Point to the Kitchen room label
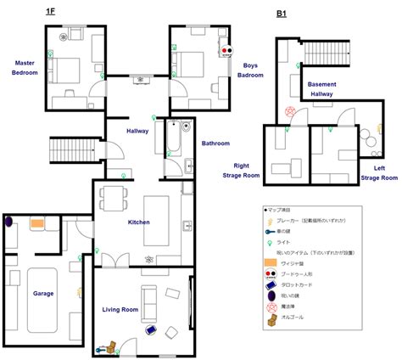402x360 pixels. [138, 222]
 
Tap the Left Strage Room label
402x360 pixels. [378, 173]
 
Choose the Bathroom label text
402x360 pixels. [215, 143]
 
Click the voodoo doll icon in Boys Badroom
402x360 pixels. [226, 50]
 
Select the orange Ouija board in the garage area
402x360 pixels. [37, 224]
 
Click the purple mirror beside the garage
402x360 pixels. [8, 222]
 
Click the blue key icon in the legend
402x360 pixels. [269, 230]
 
